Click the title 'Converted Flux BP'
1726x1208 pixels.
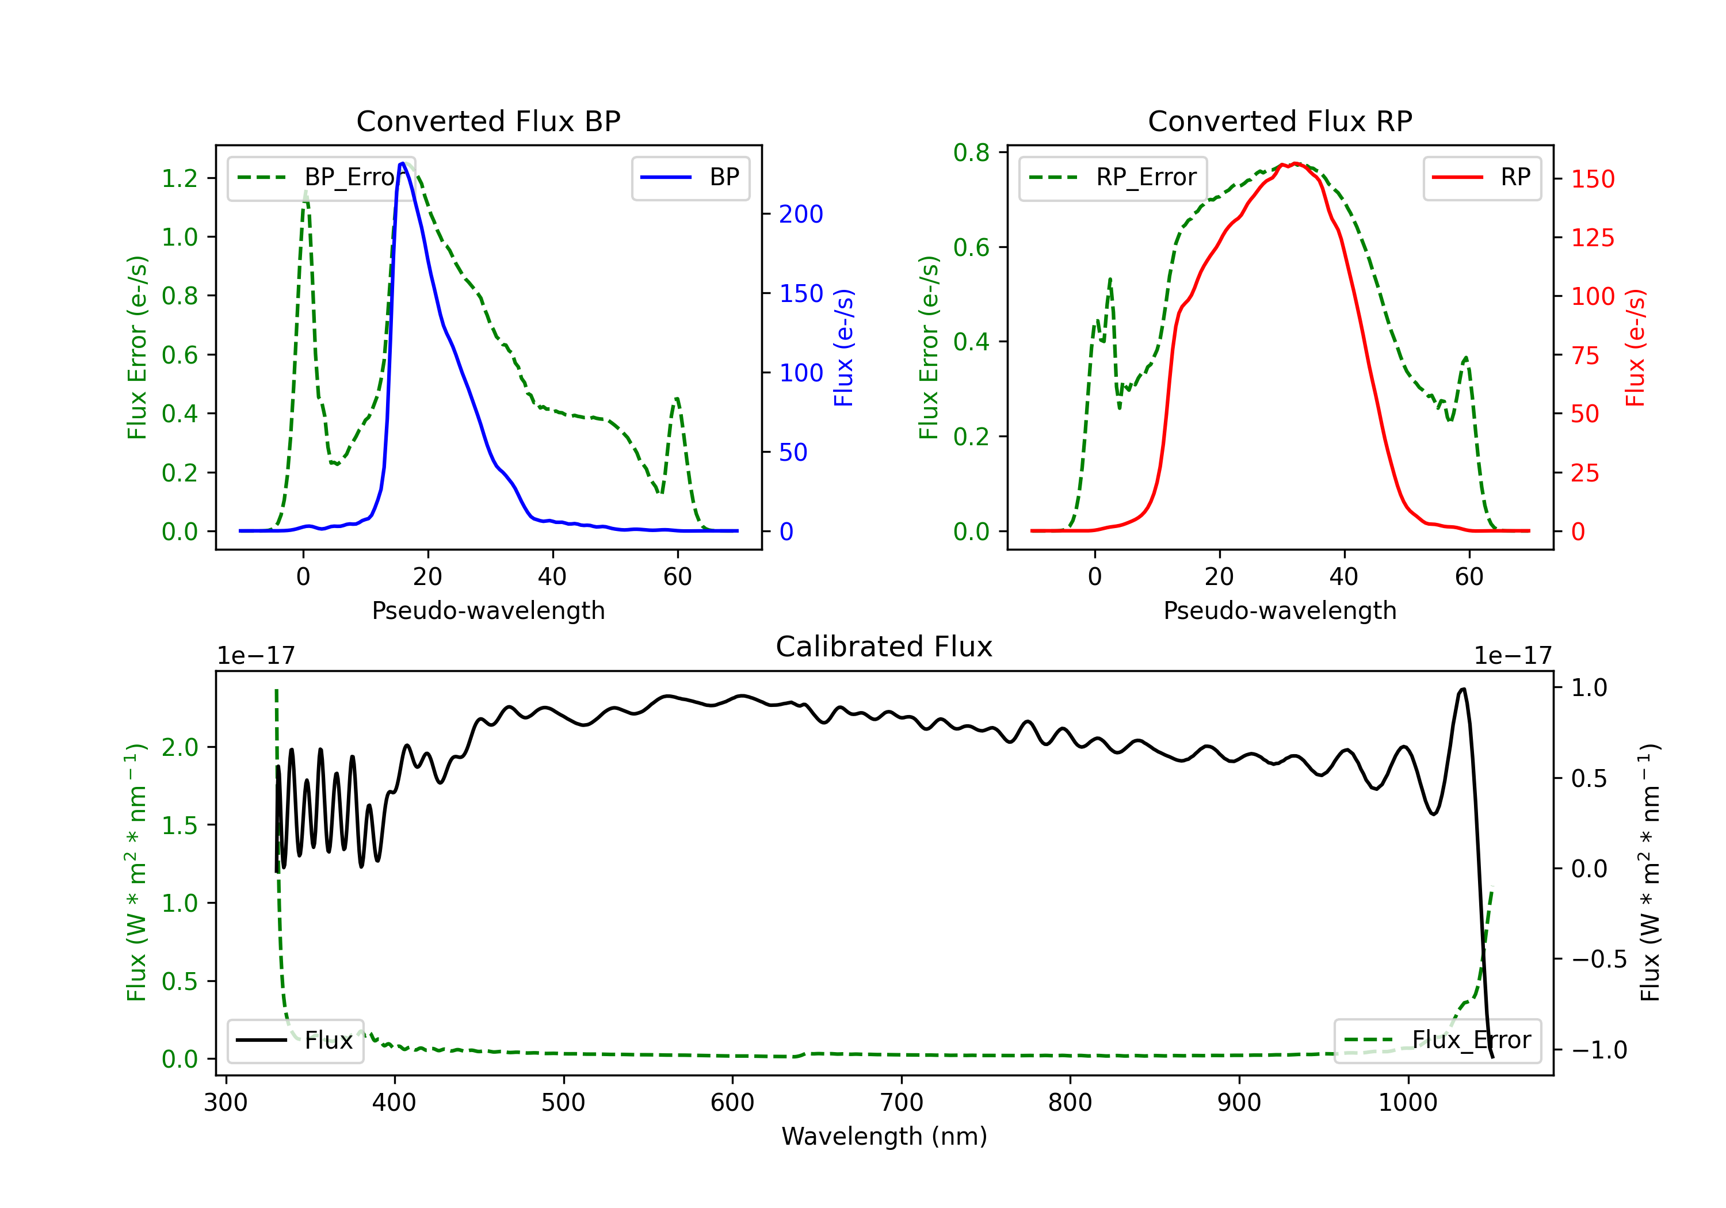pyautogui.click(x=488, y=121)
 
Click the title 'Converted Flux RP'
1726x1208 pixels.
pyautogui.click(x=1280, y=121)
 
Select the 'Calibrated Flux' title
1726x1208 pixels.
pyautogui.click(x=884, y=647)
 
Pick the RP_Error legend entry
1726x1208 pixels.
pyautogui.click(x=1113, y=177)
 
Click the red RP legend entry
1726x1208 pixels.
pyautogui.click(x=1481, y=177)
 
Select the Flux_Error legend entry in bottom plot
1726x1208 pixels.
pyautogui.click(x=1437, y=1041)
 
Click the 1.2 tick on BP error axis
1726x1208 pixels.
pyautogui.click(x=180, y=178)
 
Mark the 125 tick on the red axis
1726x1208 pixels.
pyautogui.click(x=1592, y=238)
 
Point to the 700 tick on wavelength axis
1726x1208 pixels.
pyautogui.click(x=902, y=1103)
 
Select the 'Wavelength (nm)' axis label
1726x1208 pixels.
pyautogui.click(x=884, y=1136)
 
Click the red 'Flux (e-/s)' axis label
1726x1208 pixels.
pyautogui.click(x=1635, y=348)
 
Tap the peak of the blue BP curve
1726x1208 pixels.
pyautogui.click(x=403, y=163)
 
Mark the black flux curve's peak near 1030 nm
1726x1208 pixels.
pyautogui.click(x=1462, y=689)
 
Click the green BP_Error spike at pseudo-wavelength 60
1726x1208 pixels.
pyautogui.click(x=677, y=399)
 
